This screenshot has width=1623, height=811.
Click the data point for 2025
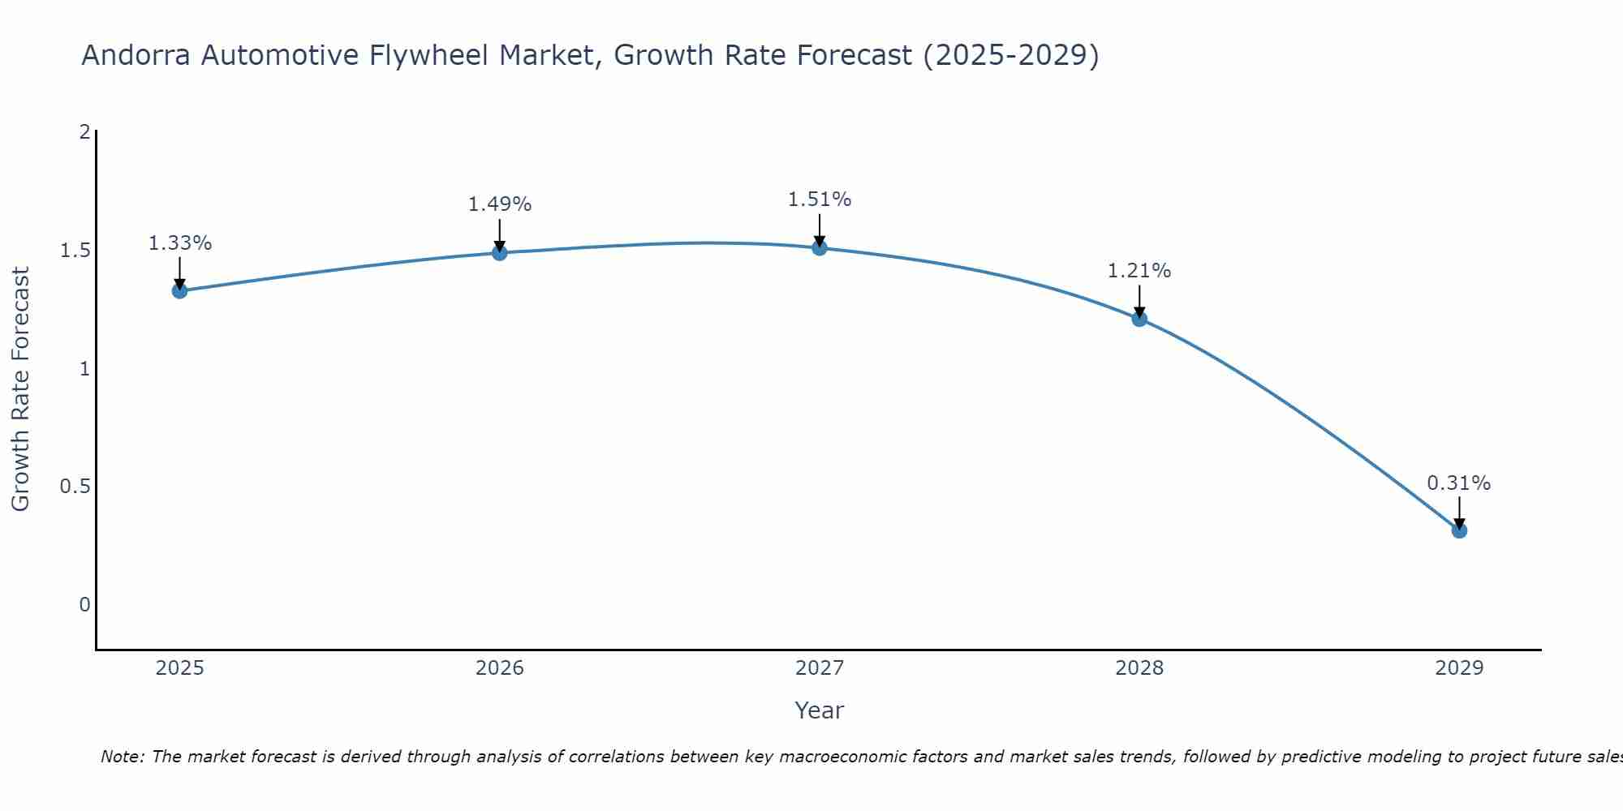click(x=180, y=290)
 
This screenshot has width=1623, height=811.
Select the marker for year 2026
click(x=500, y=253)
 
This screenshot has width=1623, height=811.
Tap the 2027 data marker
click(x=820, y=248)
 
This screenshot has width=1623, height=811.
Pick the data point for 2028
click(x=1139, y=319)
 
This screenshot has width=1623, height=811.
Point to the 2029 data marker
click(x=1459, y=530)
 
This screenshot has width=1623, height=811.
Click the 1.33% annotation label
click(x=180, y=243)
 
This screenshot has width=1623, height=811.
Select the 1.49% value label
click(x=500, y=204)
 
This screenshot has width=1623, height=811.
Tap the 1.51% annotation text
click(x=820, y=200)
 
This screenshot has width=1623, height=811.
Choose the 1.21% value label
click(x=1139, y=271)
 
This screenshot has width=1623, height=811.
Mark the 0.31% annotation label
click(x=1459, y=483)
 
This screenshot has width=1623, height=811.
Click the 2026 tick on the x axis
click(x=500, y=668)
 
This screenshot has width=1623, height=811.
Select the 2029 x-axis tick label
click(x=1459, y=668)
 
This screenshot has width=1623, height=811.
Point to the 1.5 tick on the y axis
click(x=75, y=251)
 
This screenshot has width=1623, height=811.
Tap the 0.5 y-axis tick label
click(x=75, y=487)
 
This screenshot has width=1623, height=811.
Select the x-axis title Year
click(x=820, y=710)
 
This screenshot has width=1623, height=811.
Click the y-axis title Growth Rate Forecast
click(x=21, y=389)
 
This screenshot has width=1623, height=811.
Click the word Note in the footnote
click(x=122, y=757)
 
